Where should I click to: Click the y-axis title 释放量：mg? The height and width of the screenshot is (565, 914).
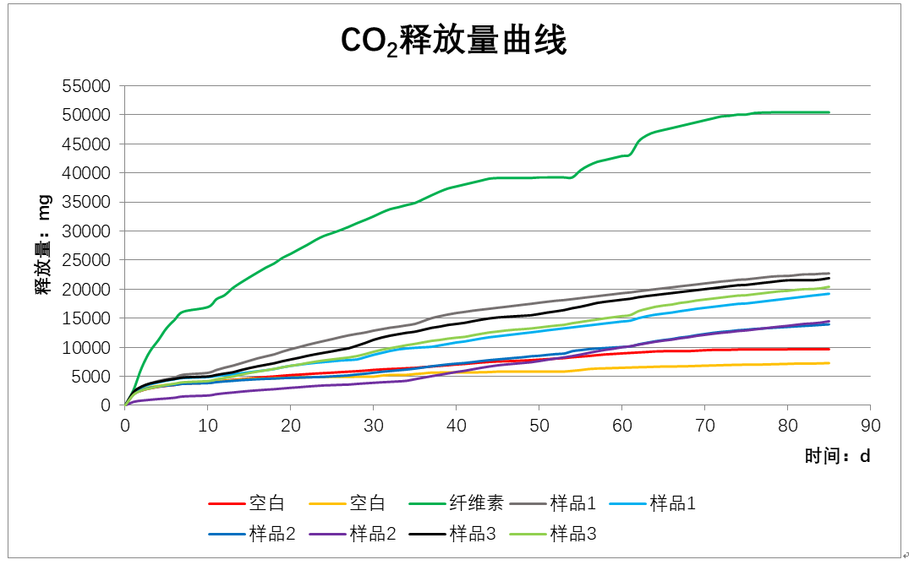click(43, 244)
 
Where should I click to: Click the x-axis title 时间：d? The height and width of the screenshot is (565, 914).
click(837, 456)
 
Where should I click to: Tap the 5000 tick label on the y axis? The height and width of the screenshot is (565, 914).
click(95, 377)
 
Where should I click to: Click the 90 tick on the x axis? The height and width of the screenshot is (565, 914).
click(871, 425)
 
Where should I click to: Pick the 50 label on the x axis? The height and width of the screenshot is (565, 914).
click(539, 425)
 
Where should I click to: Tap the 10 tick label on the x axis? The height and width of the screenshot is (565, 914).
click(208, 425)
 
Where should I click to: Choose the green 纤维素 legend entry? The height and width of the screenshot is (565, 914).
click(457, 503)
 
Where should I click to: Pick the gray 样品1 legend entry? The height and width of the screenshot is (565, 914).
click(554, 503)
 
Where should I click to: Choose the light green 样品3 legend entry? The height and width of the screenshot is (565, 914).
click(554, 534)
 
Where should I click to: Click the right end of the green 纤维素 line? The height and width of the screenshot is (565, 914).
click(829, 112)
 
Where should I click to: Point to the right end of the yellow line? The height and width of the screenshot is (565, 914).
click(829, 363)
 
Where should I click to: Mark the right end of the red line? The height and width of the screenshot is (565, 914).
click(829, 349)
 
